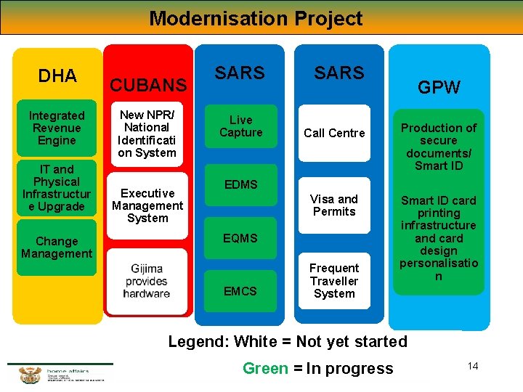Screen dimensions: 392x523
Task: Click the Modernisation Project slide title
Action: point(256,18)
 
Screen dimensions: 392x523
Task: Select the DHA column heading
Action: point(57,75)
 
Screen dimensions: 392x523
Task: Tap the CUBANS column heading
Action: point(148,85)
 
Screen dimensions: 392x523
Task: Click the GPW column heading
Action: point(439,87)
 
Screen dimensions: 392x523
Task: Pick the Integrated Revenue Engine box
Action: point(57,128)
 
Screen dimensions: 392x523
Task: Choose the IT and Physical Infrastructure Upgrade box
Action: point(57,188)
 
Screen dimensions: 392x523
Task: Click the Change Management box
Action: point(57,248)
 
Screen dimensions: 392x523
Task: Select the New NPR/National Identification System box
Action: point(147,134)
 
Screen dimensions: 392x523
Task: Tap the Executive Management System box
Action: point(147,205)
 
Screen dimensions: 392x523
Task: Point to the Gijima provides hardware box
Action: point(147,282)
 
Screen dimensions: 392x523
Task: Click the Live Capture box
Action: point(240,126)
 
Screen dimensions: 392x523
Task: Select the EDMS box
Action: point(240,184)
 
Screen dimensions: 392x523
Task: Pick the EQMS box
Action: point(240,238)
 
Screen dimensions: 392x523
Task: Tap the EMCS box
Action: point(240,291)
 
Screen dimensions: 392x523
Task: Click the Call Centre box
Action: point(334,133)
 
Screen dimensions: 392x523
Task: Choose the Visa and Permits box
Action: point(334,205)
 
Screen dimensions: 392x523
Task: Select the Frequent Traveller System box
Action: point(334,281)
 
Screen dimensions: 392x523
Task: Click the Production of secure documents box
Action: point(439,147)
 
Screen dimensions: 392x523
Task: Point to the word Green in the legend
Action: point(265,369)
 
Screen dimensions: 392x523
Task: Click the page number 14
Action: point(473,366)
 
